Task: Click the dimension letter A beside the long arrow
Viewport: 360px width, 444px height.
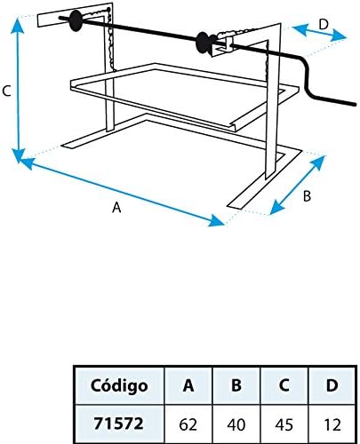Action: (116, 207)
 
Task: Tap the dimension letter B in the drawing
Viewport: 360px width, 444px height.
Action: (307, 196)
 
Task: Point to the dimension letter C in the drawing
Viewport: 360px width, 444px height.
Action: (6, 91)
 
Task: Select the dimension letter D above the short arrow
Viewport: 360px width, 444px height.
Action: (324, 24)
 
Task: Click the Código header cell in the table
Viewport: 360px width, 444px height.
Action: (119, 385)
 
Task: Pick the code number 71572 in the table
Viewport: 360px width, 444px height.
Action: (118, 424)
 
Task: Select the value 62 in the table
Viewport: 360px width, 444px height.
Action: (188, 424)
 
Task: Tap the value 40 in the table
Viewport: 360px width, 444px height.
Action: (236, 424)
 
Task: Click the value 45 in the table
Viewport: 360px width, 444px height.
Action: (284, 424)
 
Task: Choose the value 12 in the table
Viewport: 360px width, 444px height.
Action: (332, 424)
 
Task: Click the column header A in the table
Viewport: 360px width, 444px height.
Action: (188, 385)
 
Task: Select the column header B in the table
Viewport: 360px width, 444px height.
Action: (236, 385)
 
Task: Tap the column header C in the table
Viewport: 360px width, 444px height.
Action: (284, 385)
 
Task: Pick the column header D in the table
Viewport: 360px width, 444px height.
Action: (332, 385)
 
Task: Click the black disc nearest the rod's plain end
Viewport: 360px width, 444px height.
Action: (76, 20)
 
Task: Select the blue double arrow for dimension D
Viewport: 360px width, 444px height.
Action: (319, 33)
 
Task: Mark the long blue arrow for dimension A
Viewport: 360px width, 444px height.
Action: (122, 192)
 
